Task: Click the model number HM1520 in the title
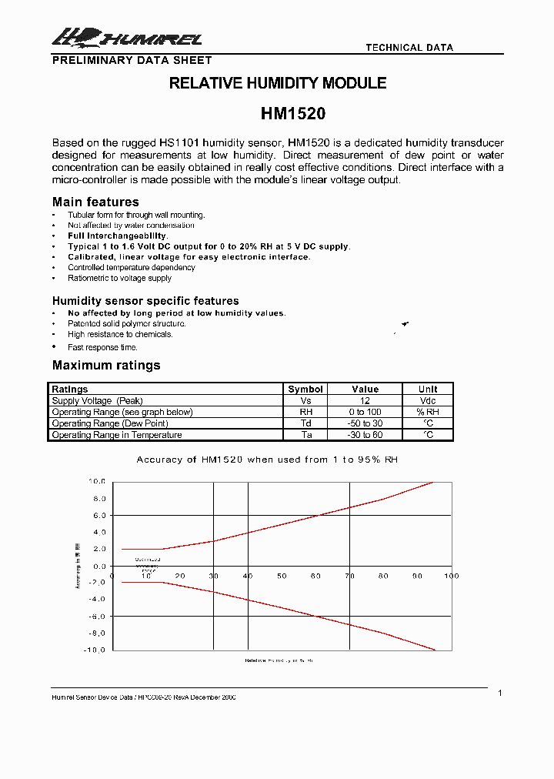[x=293, y=114]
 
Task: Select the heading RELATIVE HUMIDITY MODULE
[x=278, y=83]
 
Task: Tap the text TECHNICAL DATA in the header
[x=409, y=48]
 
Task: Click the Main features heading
[x=95, y=202]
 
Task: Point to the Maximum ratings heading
[x=106, y=365]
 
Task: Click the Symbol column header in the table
[x=305, y=389]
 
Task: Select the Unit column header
[x=428, y=389]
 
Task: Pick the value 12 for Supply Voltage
[x=365, y=400]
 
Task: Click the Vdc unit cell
[x=428, y=400]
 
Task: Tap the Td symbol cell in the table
[x=305, y=423]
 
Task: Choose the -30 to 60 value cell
[x=365, y=435]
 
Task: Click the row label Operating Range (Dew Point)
[x=110, y=423]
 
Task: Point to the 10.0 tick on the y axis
[x=96, y=481]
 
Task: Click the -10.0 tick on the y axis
[x=95, y=650]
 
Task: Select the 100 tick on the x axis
[x=451, y=576]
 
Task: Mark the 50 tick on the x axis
[x=282, y=576]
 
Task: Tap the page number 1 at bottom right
[x=500, y=694]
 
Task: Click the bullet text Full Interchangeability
[x=118, y=236]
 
